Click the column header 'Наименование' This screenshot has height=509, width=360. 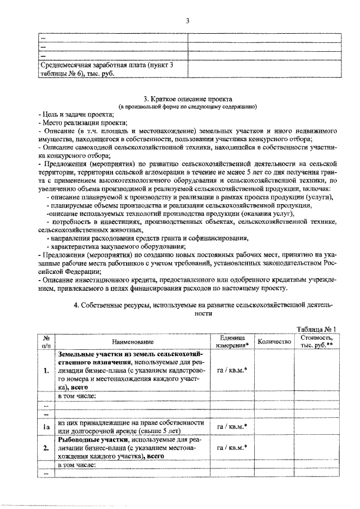click(x=132, y=341)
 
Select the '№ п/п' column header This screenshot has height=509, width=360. click(x=47, y=341)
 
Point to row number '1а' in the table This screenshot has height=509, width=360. click(x=47, y=427)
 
